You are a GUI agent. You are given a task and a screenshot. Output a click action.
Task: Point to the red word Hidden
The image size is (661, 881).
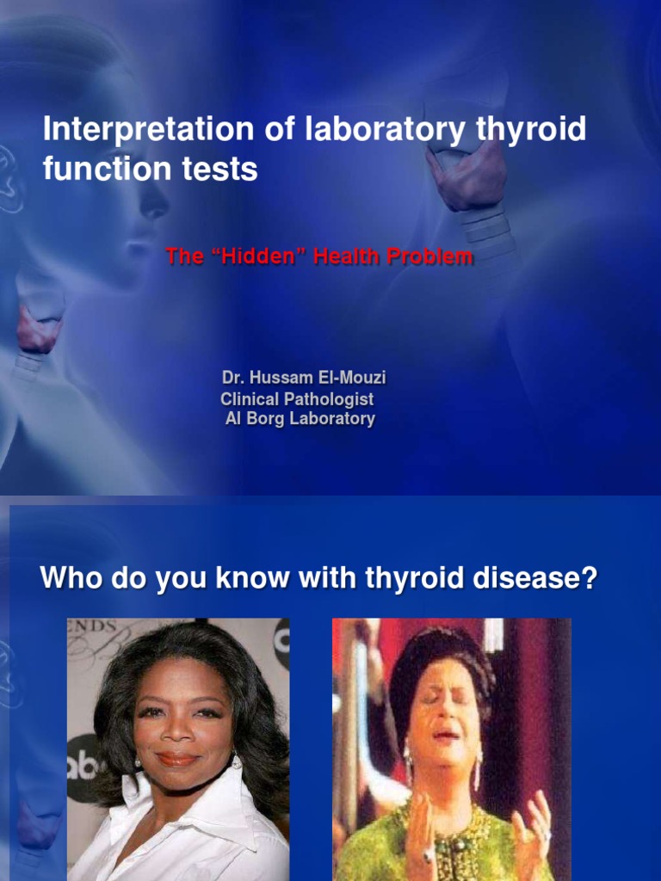click(257, 256)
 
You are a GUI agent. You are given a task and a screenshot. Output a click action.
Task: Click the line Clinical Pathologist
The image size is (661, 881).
click(297, 399)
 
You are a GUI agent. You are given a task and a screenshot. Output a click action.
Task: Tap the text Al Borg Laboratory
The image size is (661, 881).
click(300, 420)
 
